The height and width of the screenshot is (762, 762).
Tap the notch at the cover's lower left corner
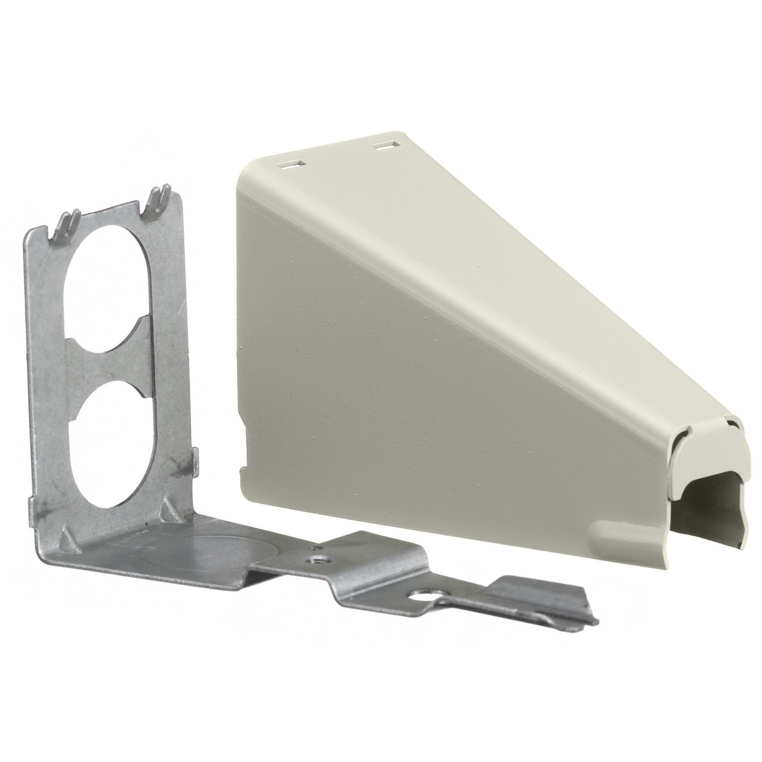pyautogui.click(x=242, y=469)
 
